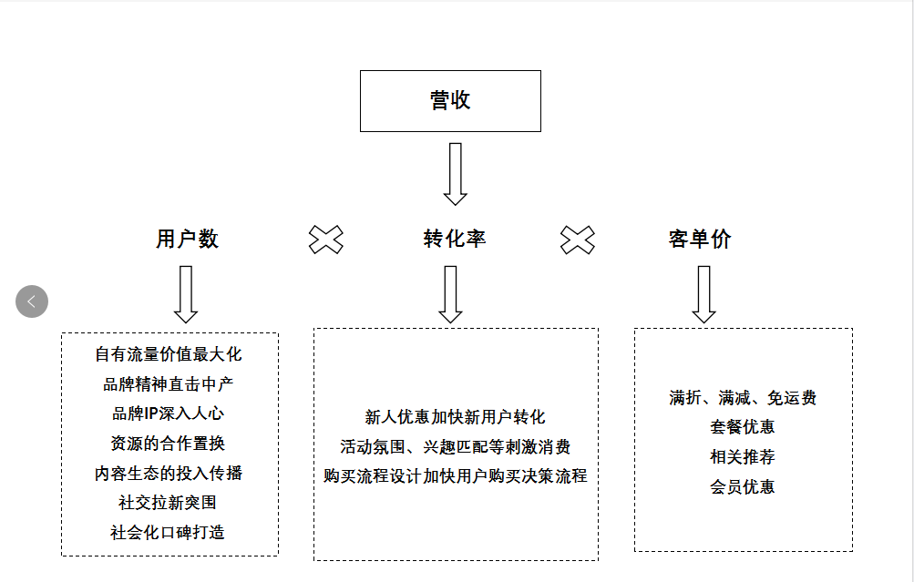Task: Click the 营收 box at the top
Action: (450, 101)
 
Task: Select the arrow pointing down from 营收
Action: (455, 174)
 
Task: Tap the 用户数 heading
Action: (187, 240)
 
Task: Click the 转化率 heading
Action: (455, 240)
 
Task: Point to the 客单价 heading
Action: (699, 240)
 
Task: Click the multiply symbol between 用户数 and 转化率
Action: (326, 240)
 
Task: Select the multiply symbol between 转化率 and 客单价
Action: (577, 240)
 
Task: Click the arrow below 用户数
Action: (186, 294)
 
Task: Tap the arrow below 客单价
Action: (703, 294)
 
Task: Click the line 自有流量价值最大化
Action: (169, 354)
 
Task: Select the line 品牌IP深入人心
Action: (169, 414)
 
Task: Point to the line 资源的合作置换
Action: (169, 444)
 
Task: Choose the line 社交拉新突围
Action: (169, 503)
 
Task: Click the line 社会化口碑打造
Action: (169, 533)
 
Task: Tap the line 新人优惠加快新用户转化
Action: (455, 417)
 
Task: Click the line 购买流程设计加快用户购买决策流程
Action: (455, 476)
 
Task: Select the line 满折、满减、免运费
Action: (743, 398)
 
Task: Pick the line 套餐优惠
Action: (743, 427)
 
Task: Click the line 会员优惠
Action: (743, 487)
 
